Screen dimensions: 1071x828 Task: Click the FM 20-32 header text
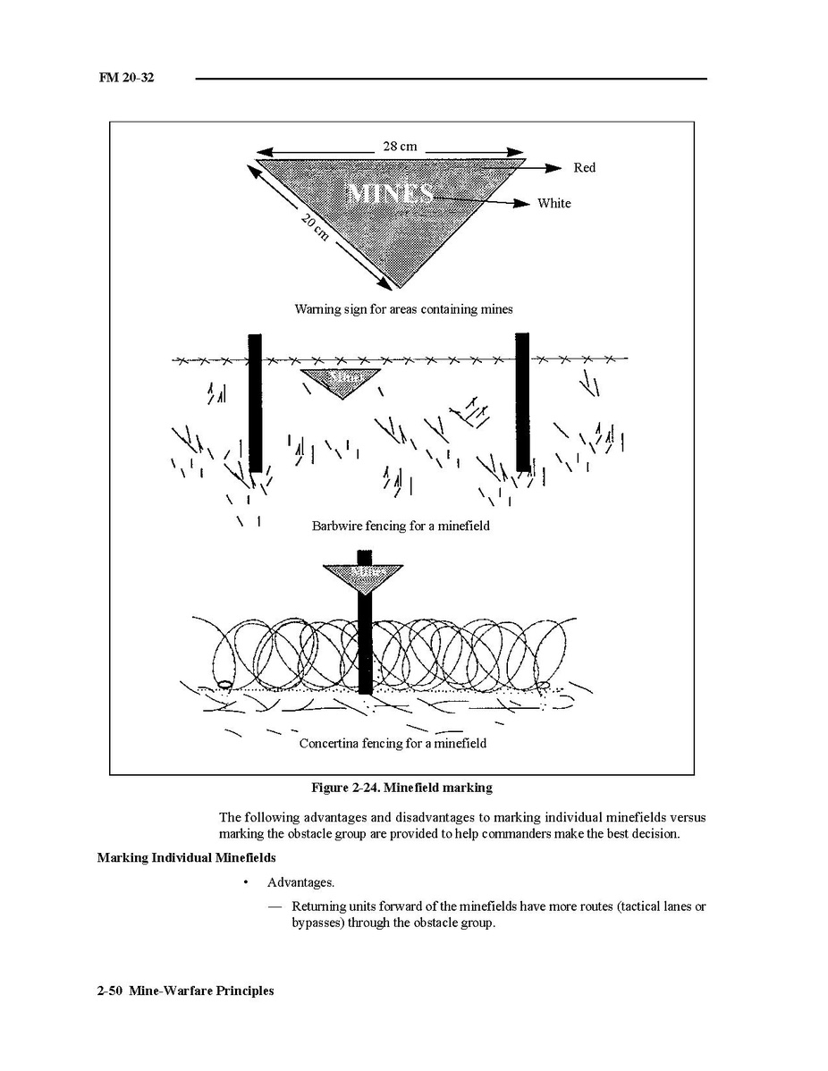click(x=126, y=79)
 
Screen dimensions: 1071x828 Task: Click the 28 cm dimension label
click(x=400, y=146)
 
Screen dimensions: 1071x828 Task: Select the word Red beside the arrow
click(x=584, y=168)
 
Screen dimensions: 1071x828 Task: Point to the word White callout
click(x=553, y=204)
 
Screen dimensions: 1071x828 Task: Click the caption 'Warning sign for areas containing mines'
click(x=404, y=309)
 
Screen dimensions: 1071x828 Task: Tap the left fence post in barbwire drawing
click(x=255, y=402)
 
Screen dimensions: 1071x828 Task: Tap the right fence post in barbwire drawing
click(x=522, y=401)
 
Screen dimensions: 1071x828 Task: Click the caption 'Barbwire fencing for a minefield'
click(x=401, y=527)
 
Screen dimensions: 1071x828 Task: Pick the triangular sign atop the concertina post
click(x=364, y=575)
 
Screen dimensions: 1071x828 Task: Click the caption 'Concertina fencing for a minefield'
click(x=393, y=743)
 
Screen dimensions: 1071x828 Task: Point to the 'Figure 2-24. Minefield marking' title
click(x=401, y=788)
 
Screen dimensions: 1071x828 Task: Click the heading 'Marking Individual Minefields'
click(x=186, y=858)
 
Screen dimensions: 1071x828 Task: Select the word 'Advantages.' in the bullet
click(x=300, y=882)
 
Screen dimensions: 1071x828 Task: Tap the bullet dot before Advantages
click(x=245, y=882)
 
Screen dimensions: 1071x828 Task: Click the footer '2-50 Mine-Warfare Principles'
click(x=186, y=991)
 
